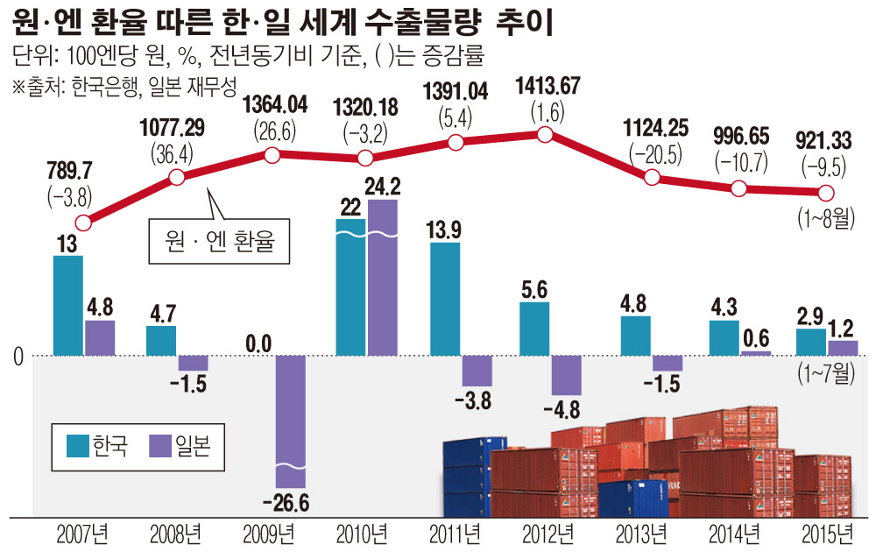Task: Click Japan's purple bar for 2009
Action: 291,421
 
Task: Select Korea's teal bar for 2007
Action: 68,305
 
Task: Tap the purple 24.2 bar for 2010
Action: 383,277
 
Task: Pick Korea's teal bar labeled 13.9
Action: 446,298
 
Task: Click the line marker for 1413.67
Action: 544,134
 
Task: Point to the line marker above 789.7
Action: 82,223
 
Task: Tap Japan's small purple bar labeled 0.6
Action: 756,353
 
